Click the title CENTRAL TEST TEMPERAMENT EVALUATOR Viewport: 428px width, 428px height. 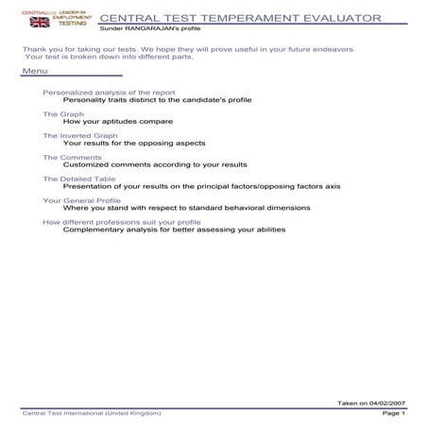point(240,18)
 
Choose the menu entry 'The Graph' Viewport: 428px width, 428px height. point(62,113)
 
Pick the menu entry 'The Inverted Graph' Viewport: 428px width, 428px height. point(79,135)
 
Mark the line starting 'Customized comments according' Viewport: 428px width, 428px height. point(155,164)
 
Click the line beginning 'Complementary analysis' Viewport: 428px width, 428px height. point(174,229)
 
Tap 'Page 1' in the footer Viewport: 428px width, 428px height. point(393,414)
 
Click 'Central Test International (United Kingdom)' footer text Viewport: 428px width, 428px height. point(92,414)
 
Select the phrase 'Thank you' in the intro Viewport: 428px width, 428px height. point(35,48)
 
